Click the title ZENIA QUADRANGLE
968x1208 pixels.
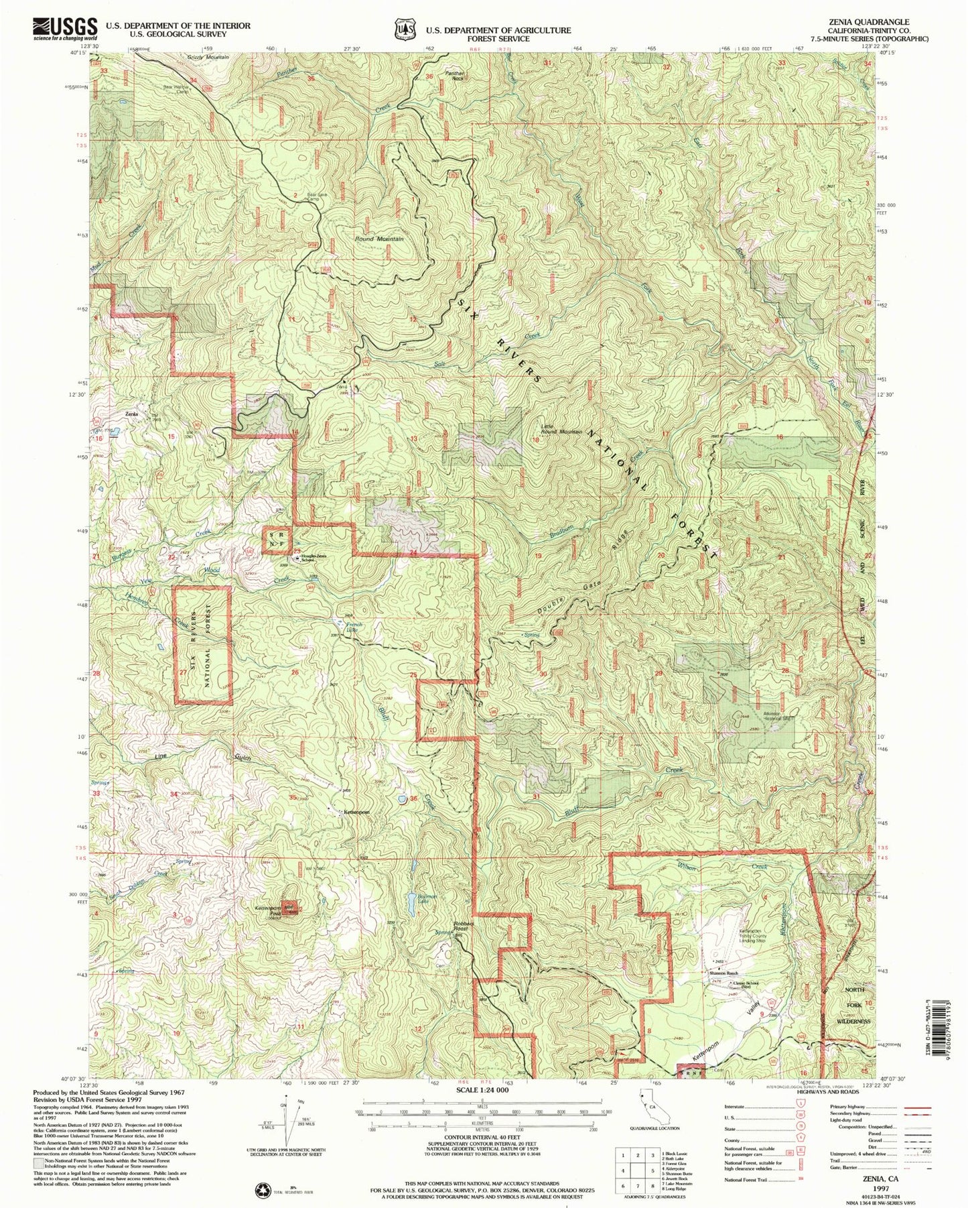point(878,21)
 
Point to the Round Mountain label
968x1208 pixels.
point(379,239)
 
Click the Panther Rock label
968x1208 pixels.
point(456,75)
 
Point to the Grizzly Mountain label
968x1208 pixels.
point(208,57)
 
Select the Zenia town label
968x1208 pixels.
point(133,414)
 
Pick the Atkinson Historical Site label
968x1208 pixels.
point(778,715)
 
